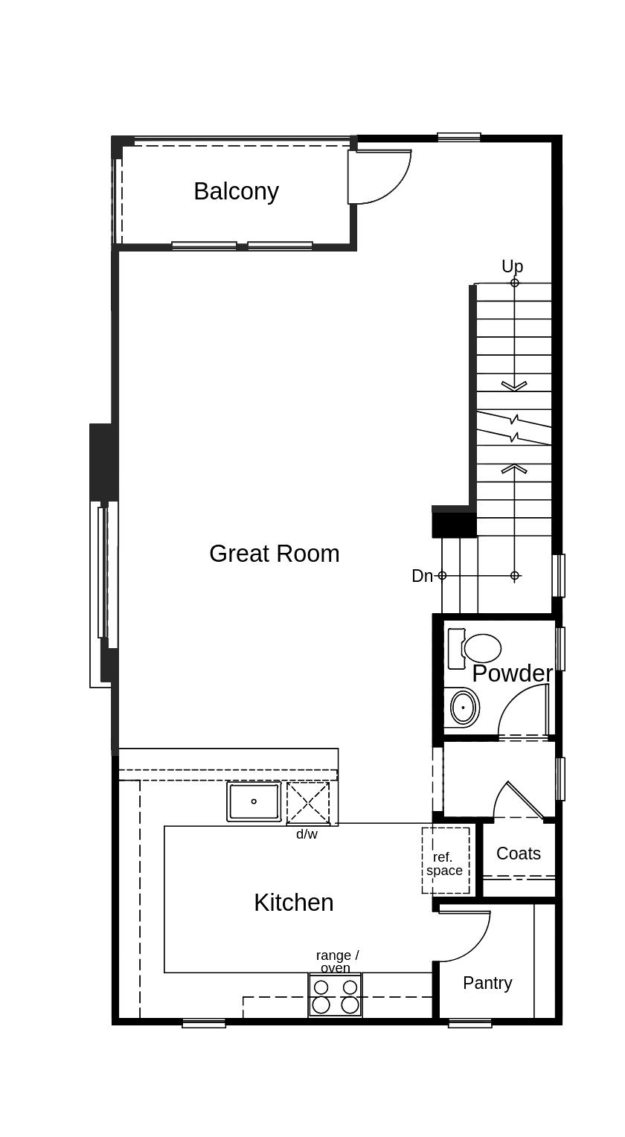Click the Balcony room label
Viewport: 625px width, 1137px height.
pos(236,191)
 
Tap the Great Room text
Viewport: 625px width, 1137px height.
pos(274,554)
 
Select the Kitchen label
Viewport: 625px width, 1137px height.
pos(293,903)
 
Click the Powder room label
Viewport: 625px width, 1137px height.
pos(512,673)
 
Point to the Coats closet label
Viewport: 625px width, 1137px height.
pos(518,853)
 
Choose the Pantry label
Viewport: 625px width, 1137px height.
pos(487,983)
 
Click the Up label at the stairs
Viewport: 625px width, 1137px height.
pos(512,266)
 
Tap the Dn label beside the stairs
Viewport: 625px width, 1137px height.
pos(421,576)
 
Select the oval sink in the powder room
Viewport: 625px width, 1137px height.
pos(464,707)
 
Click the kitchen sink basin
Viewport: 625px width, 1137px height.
pos(254,801)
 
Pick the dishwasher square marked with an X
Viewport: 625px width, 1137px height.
pos(308,803)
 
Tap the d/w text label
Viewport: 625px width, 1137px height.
pos(307,834)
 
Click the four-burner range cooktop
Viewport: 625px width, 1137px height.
pos(336,996)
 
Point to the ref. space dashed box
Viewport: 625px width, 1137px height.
pos(445,861)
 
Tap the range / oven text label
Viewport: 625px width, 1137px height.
pos(337,961)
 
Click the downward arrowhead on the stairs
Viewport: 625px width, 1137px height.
pos(514,385)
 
